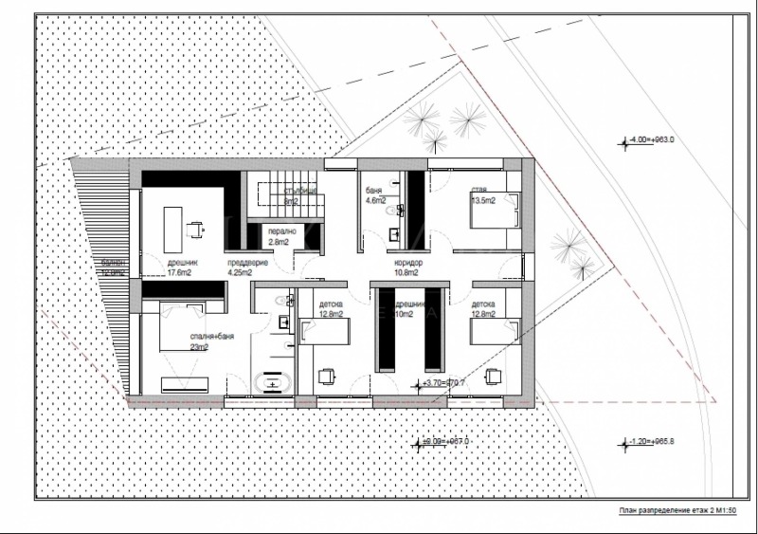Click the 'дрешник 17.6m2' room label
[x=183, y=267]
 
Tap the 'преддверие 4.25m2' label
[x=248, y=267]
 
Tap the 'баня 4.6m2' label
[x=375, y=195]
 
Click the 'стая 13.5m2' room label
[x=483, y=195]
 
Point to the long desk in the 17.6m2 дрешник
[x=173, y=226]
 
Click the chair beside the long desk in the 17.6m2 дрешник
[x=195, y=227]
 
